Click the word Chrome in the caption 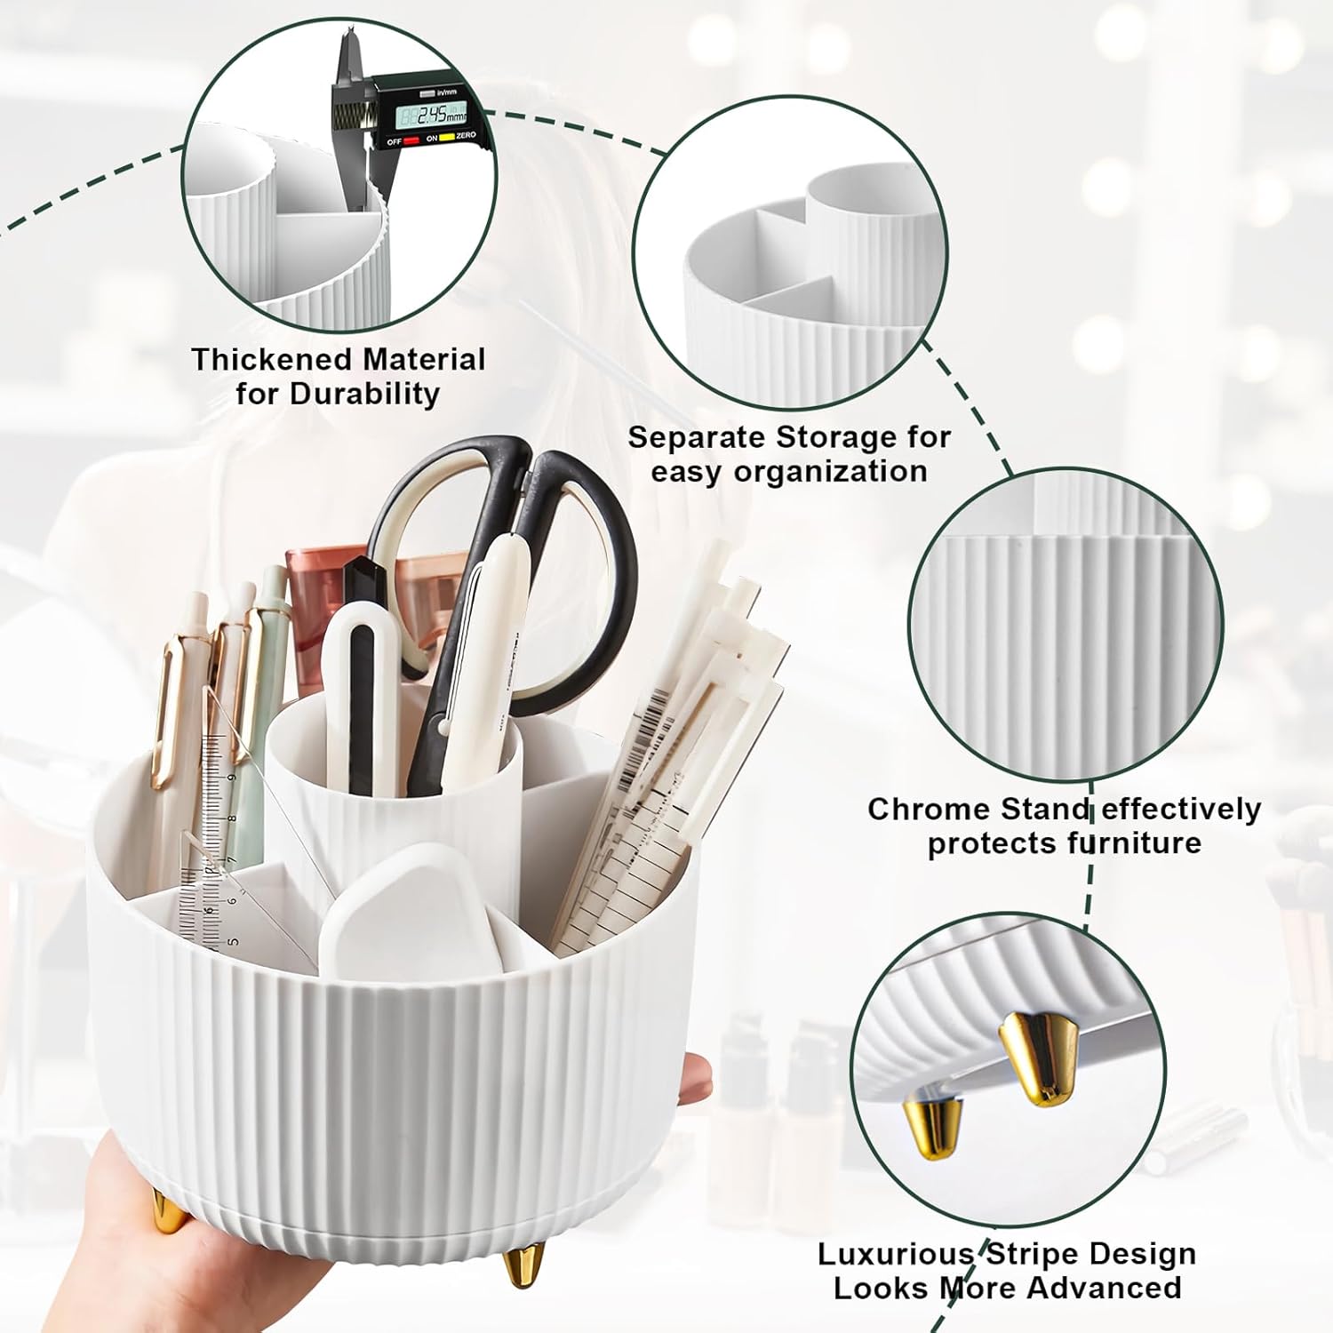coord(930,810)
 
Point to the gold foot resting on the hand coord(166,1210)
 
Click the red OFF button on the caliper coord(411,141)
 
